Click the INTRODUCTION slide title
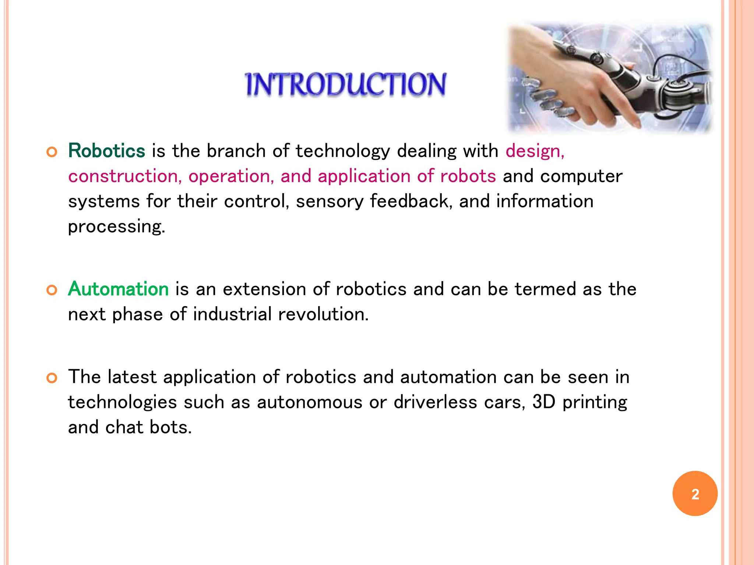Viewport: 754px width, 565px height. pos(345,85)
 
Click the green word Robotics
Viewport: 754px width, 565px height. pos(107,151)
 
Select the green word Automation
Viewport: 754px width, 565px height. pos(119,289)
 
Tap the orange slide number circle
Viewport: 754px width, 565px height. pos(695,494)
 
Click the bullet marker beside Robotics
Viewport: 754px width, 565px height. pos(52,152)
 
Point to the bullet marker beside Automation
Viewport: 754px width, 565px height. pos(52,290)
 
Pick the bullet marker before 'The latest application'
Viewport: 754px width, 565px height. pos(52,378)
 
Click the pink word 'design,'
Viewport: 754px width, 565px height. pos(535,151)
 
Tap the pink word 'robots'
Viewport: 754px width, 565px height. pos(468,176)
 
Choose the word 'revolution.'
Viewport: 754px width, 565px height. pos(323,314)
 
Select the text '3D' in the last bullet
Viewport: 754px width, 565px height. pos(544,402)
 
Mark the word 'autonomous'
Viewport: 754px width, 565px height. pos(310,402)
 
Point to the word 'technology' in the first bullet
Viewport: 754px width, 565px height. pos(342,151)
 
